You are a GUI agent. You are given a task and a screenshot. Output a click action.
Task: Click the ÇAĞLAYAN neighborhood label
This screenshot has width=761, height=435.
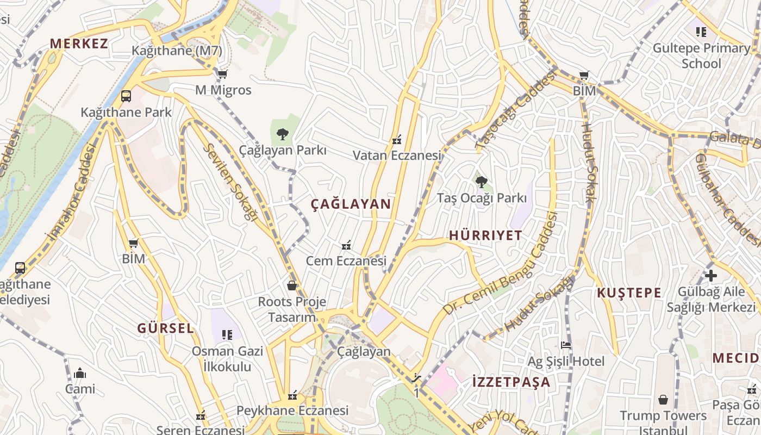coord(351,204)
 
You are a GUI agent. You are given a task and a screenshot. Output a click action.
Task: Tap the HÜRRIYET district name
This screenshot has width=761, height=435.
coord(485,235)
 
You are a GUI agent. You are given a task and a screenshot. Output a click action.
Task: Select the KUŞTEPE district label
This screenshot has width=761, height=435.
coord(629,293)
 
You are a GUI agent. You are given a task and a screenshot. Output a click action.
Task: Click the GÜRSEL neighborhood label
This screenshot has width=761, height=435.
coord(165,328)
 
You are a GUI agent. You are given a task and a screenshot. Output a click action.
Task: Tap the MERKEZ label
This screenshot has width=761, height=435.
coord(79,43)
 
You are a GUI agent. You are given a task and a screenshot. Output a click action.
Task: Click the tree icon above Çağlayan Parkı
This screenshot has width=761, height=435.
coord(282,134)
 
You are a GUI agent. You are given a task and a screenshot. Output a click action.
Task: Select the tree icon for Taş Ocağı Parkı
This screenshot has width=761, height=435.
coord(481,182)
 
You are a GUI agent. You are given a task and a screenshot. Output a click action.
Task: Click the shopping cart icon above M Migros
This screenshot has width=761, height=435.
coord(222,74)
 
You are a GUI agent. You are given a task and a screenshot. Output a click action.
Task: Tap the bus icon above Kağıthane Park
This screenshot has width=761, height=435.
coord(126,96)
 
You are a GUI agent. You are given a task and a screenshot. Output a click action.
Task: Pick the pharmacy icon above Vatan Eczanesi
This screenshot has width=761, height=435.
coord(397,140)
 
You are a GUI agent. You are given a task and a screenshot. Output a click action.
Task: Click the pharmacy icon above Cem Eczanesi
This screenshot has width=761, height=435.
coord(346,245)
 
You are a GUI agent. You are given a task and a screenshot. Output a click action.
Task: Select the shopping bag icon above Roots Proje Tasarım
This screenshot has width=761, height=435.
coord(292,285)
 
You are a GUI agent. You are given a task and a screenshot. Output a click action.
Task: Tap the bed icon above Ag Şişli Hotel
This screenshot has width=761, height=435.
coord(566,345)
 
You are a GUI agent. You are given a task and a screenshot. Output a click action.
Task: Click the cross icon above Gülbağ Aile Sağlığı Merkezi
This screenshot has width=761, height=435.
coord(710,275)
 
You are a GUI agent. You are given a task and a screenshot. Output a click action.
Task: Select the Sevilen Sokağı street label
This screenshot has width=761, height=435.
coord(229,182)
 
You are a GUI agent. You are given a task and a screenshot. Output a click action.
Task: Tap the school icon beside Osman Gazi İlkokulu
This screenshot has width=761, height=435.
coord(227,334)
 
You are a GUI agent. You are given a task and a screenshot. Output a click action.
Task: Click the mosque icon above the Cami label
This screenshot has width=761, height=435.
coord(80,373)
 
